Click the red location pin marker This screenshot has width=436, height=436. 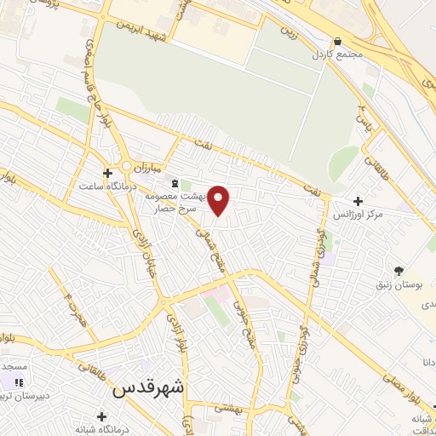pyautogui.click(x=219, y=199)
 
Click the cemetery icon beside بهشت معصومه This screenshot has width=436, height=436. pyautogui.click(x=175, y=182)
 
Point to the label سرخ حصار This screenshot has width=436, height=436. pyautogui.click(x=181, y=207)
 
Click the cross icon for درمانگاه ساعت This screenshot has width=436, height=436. pyautogui.click(x=106, y=172)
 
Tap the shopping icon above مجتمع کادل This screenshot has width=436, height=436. pyautogui.click(x=338, y=41)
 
